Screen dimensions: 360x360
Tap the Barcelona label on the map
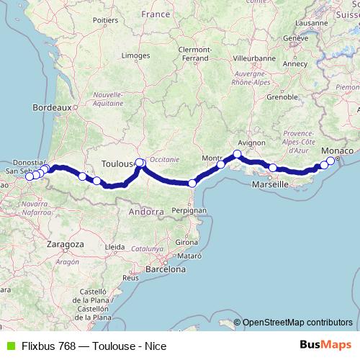point(165,269)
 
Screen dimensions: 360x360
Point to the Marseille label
point(271,185)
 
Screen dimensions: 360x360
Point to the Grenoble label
point(282,96)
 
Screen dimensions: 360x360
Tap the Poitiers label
point(105,21)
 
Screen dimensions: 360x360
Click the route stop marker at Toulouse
point(140,163)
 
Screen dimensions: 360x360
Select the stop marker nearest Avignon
point(238,154)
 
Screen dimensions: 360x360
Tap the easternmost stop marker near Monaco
point(330,161)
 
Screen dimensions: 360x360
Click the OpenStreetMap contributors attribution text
point(297,323)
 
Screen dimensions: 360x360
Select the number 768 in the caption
point(65,346)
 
